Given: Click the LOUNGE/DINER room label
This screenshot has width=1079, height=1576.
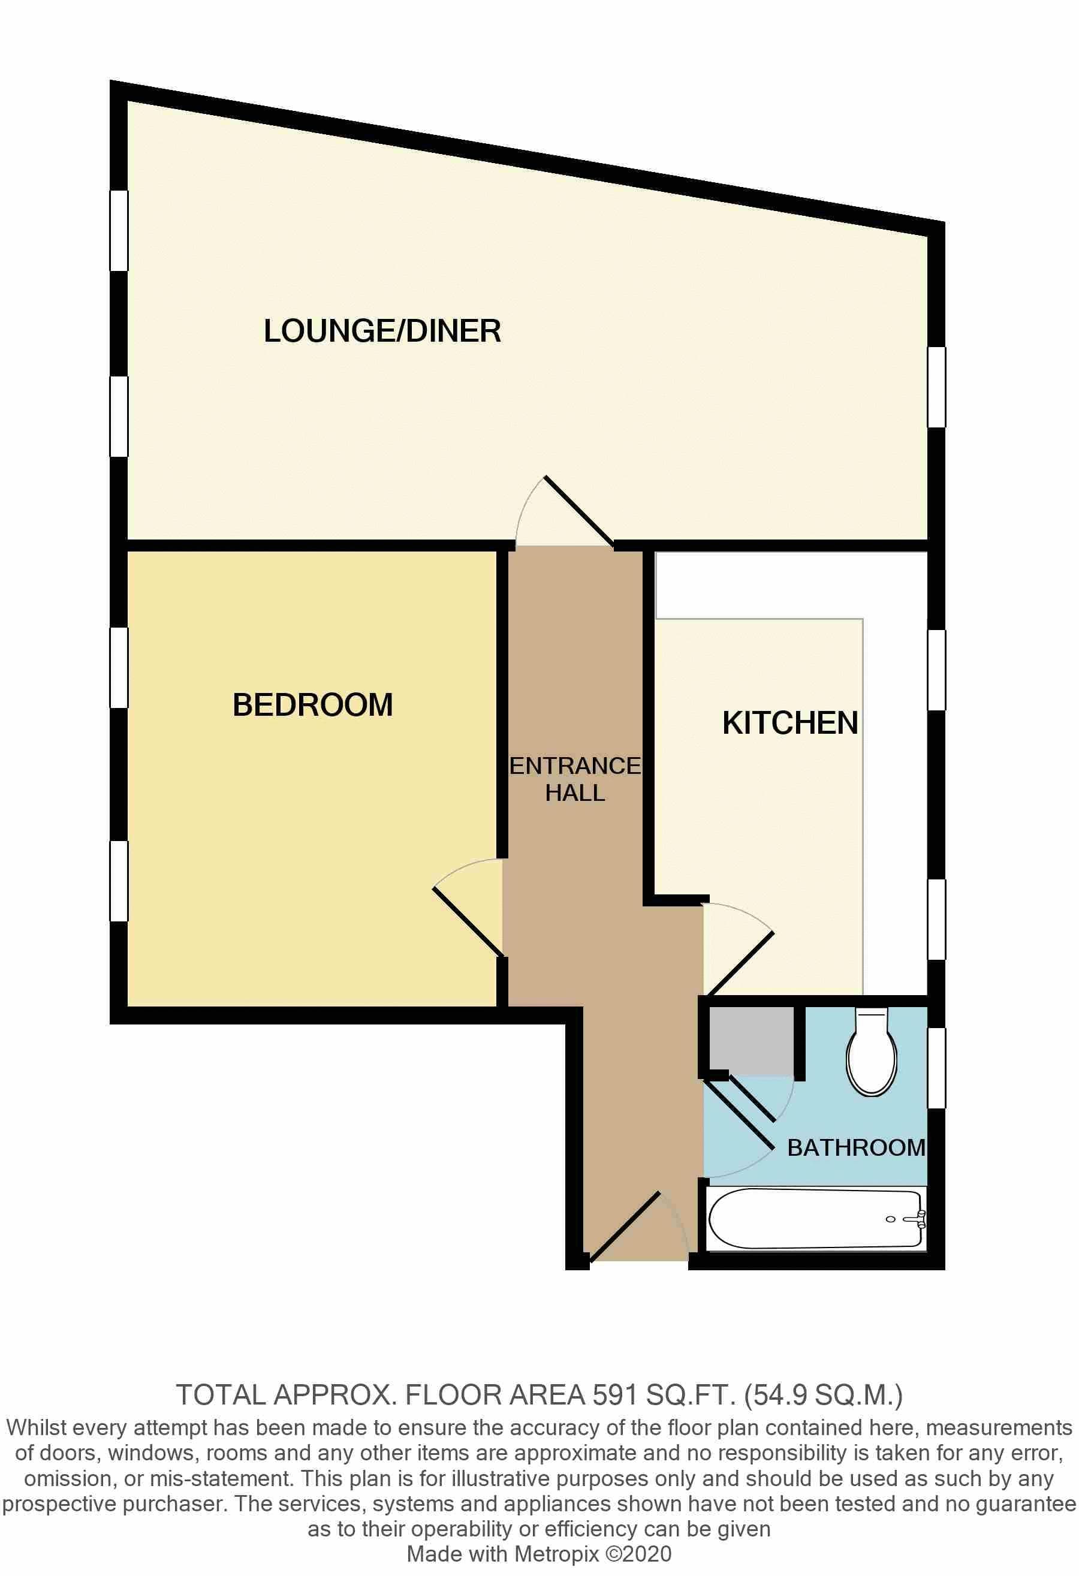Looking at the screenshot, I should click(382, 332).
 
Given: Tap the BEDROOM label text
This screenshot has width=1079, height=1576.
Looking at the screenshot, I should click(313, 705).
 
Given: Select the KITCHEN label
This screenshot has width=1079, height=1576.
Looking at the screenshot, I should click(790, 724).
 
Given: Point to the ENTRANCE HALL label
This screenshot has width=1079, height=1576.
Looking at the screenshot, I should click(574, 779).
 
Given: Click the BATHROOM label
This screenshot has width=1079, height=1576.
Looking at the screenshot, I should click(856, 1147).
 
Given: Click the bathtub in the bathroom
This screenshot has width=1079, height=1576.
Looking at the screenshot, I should click(814, 1219).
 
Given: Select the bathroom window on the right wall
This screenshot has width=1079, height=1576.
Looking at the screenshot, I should click(936, 1068).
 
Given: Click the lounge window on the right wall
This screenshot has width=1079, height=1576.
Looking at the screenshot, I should click(936, 387).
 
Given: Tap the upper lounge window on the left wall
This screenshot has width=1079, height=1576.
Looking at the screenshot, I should click(119, 231).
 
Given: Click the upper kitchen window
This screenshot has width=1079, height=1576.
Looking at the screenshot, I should click(936, 670).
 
